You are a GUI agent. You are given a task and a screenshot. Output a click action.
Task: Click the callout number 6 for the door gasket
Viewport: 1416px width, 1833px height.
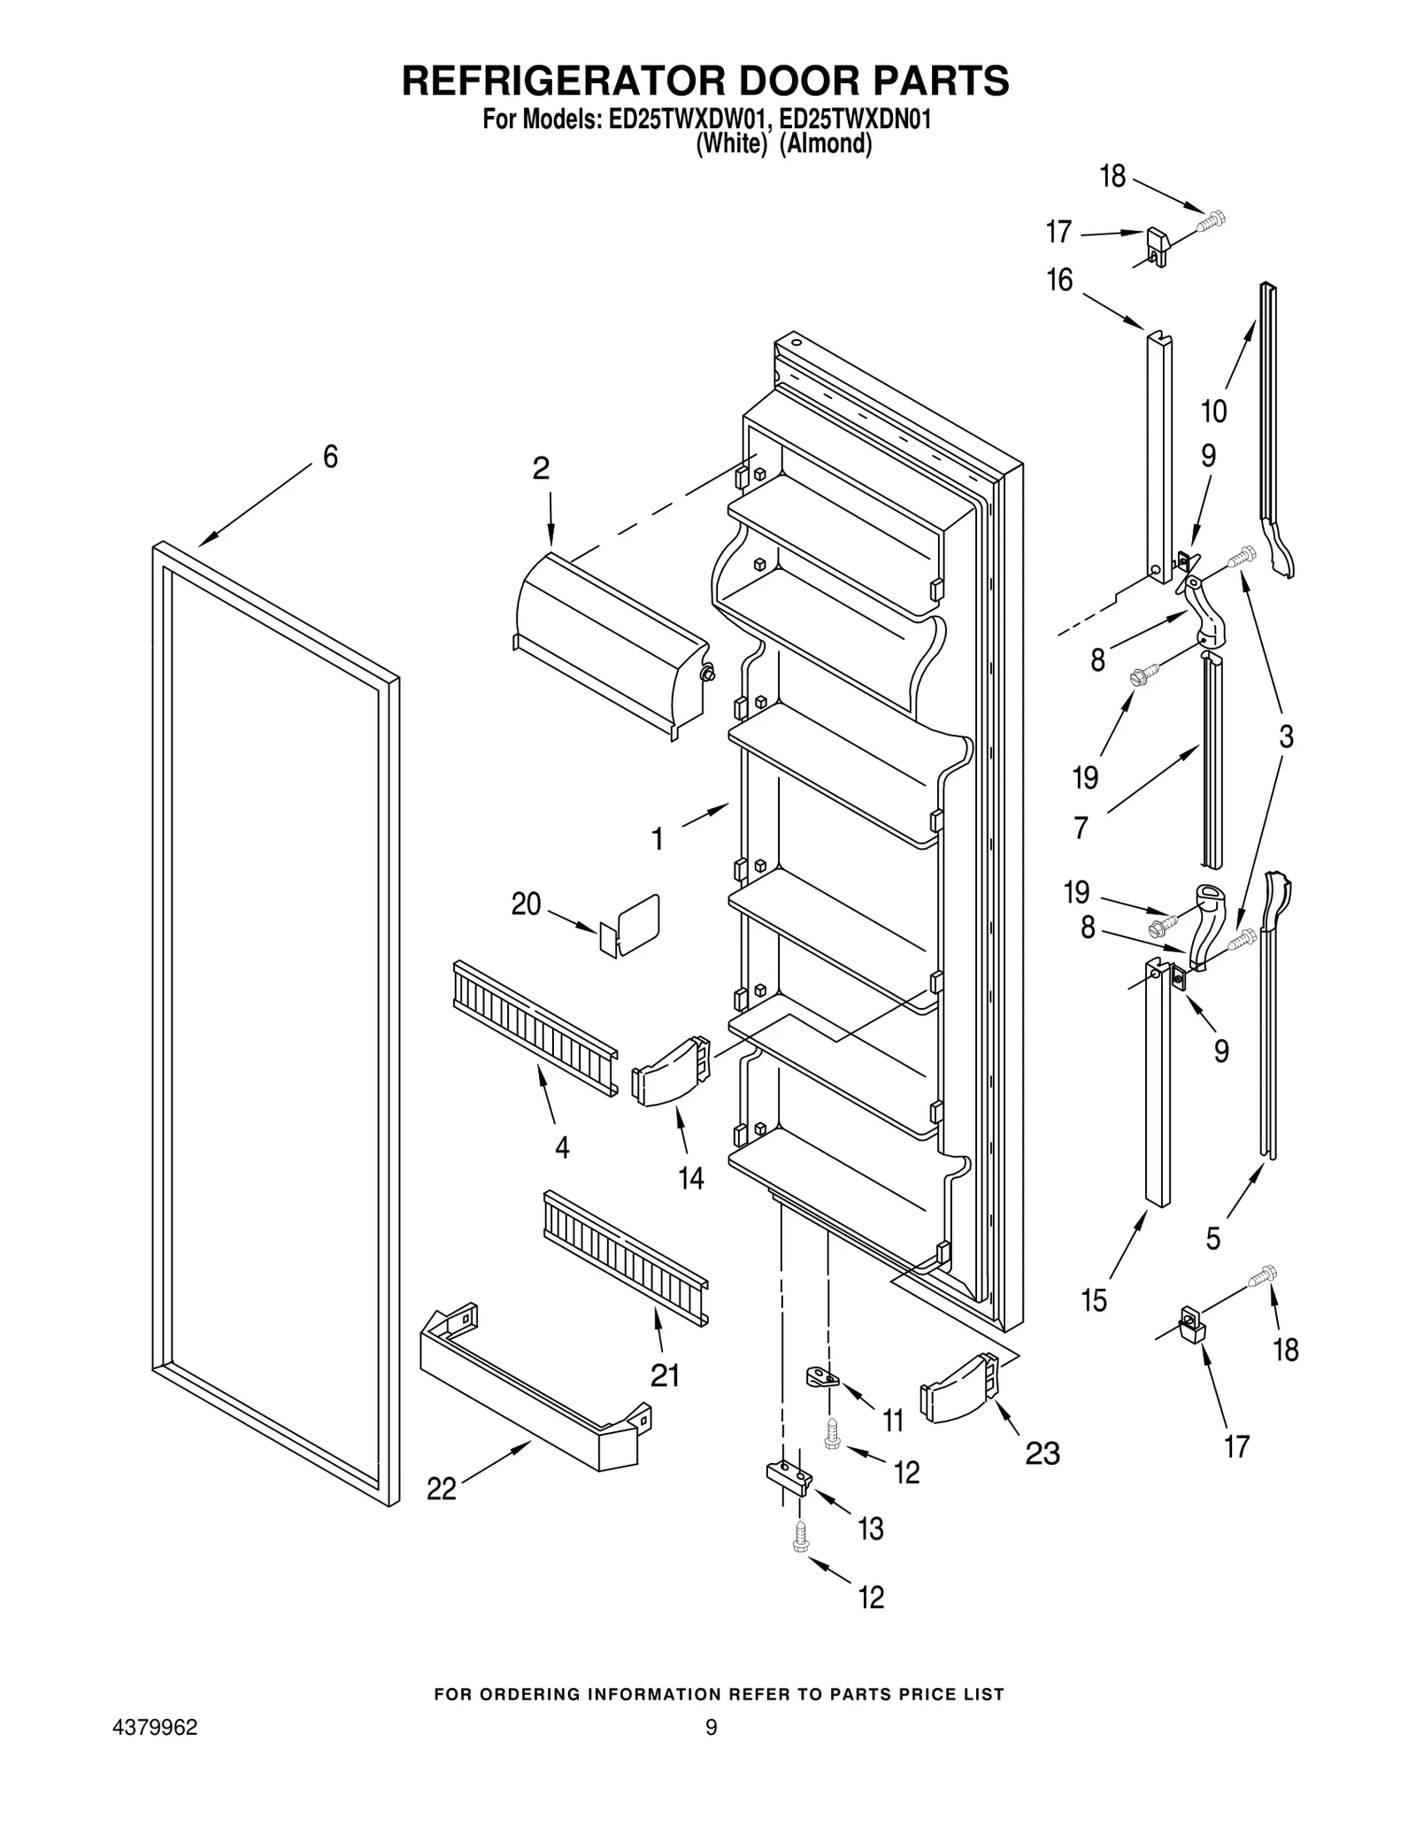pos(330,458)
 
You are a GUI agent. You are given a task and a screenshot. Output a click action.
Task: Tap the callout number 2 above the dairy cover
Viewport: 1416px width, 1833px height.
pos(541,468)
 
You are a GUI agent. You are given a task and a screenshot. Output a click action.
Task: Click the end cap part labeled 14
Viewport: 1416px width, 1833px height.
pos(671,1072)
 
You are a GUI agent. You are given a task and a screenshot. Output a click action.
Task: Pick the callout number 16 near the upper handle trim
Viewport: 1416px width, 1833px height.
pos(1059,281)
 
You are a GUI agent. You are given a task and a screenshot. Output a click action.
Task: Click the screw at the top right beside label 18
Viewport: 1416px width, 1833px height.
pos(1210,220)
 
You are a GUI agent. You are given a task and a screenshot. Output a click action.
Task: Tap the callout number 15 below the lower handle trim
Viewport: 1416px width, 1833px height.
pos(1094,1301)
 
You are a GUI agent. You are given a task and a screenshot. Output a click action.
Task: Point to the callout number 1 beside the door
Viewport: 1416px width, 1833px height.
pos(658,839)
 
